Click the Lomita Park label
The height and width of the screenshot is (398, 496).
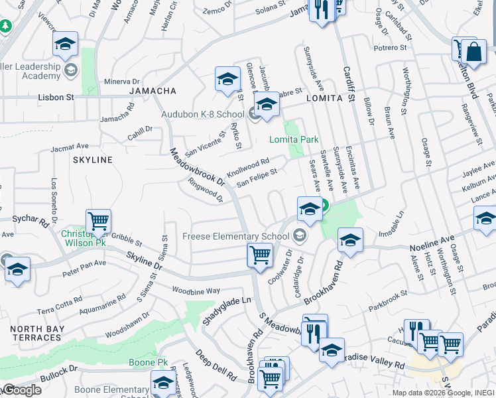click(x=294, y=139)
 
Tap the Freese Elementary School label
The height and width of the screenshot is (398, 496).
click(x=237, y=236)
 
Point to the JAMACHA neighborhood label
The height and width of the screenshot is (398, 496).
click(x=153, y=90)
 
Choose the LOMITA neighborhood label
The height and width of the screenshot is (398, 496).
click(x=324, y=98)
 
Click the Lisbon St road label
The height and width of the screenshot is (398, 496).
click(x=54, y=97)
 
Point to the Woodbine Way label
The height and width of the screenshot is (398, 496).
click(x=196, y=291)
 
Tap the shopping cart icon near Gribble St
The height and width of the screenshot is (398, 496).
click(x=98, y=221)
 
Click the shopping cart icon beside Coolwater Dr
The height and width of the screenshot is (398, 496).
click(x=260, y=254)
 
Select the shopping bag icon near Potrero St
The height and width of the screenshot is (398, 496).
click(x=475, y=51)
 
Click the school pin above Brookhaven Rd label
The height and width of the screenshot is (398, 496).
click(x=350, y=239)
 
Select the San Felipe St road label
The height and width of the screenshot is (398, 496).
click(x=257, y=176)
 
